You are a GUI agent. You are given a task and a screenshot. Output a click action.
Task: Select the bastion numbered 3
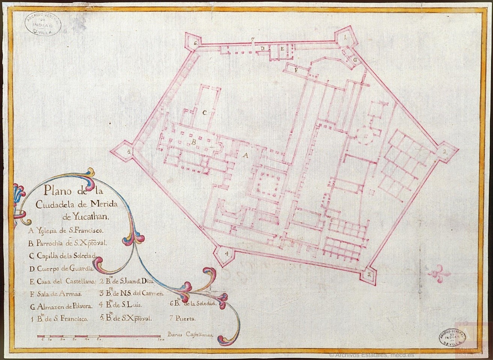point(369,274)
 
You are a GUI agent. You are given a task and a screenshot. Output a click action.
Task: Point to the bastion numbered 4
point(226,254)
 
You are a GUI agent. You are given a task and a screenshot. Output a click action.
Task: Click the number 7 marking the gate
point(253,40)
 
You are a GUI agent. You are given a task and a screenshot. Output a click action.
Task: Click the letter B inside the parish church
point(194,142)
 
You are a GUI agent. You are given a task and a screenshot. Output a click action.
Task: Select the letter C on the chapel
point(205,113)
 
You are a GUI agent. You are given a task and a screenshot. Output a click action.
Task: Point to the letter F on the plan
point(295,70)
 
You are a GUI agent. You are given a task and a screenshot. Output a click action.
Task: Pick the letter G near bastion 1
point(353,60)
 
